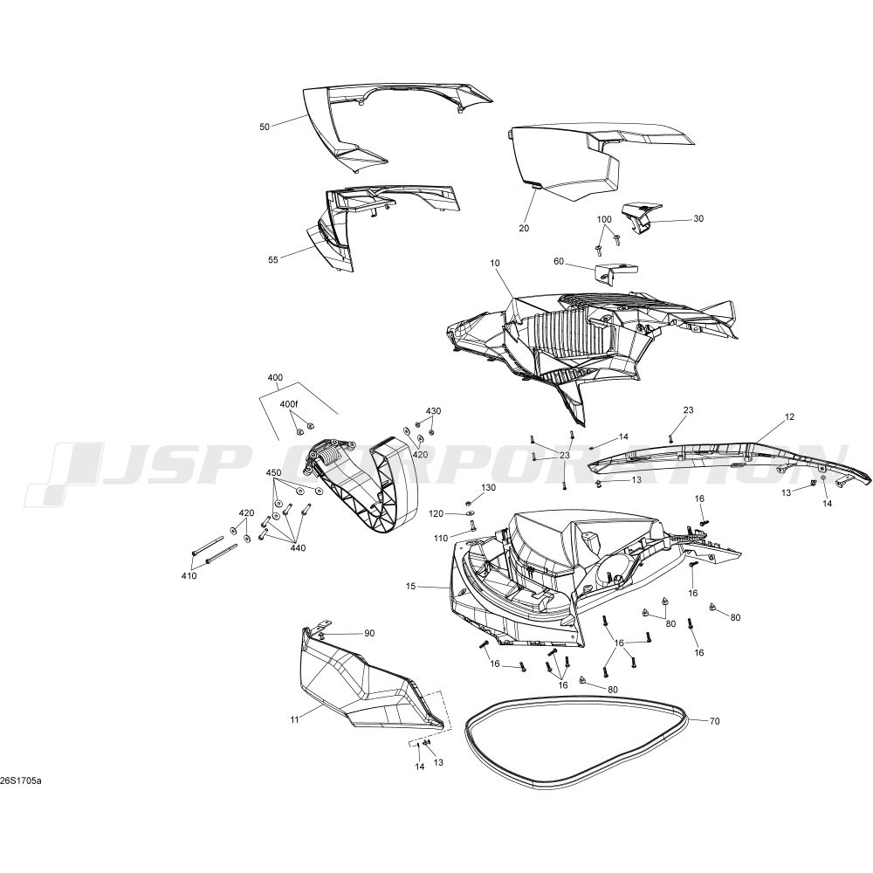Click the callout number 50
tap(265, 127)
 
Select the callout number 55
tap(272, 260)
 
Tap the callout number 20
tap(524, 228)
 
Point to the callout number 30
tap(698, 219)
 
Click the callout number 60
tap(559, 261)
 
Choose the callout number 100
tap(604, 219)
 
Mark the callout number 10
tap(496, 262)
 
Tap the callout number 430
tap(433, 411)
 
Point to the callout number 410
tap(189, 575)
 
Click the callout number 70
tap(715, 721)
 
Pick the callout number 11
tap(294, 720)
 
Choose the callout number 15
tap(411, 587)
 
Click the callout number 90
tap(369, 633)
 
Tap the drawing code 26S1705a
tap(21, 780)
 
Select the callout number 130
tap(488, 488)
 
